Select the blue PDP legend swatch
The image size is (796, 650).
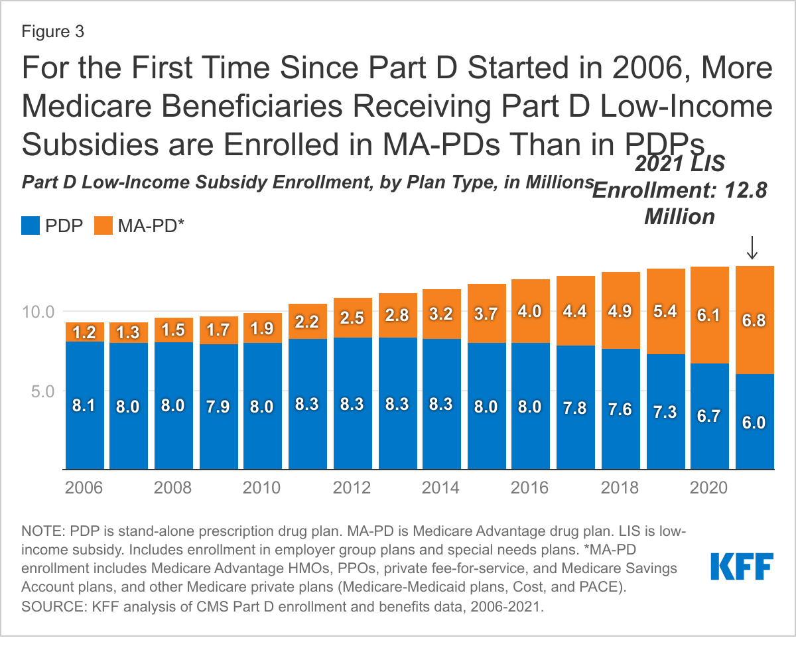tap(31, 226)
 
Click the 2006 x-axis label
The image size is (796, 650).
tap(84, 488)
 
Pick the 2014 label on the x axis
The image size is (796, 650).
tap(440, 488)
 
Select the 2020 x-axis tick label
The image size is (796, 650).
tap(708, 488)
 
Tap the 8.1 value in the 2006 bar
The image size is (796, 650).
tap(84, 405)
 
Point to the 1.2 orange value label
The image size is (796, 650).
tap(84, 331)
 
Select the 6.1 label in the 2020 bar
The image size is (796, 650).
tap(708, 316)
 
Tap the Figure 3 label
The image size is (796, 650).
tap(54, 31)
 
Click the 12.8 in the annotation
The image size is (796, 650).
tap(746, 190)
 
